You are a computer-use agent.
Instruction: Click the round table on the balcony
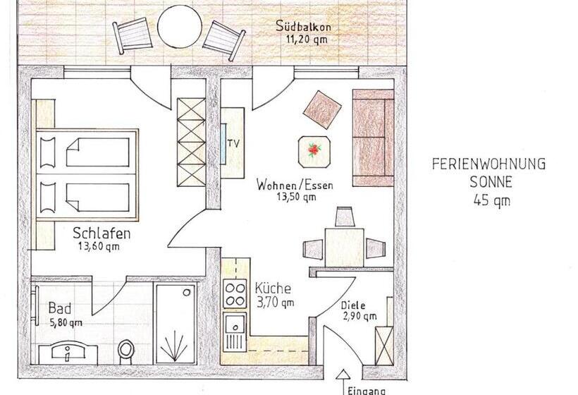click(x=180, y=26)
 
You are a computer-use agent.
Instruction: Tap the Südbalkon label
click(x=303, y=27)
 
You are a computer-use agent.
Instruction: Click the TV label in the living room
click(x=233, y=142)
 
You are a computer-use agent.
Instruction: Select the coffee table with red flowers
click(x=314, y=152)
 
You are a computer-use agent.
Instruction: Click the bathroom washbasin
click(x=68, y=352)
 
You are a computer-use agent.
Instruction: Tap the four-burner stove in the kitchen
click(x=235, y=294)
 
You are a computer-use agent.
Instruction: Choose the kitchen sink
click(x=234, y=326)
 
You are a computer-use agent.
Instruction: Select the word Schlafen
click(x=102, y=233)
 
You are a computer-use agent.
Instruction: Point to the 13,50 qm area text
click(x=296, y=197)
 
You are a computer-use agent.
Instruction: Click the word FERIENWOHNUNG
click(x=488, y=164)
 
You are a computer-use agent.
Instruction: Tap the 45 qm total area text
click(x=492, y=200)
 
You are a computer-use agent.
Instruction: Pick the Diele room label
click(x=352, y=305)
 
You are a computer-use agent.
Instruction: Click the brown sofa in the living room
click(x=373, y=138)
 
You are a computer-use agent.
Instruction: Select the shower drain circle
click(x=187, y=293)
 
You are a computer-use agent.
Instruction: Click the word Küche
click(x=273, y=288)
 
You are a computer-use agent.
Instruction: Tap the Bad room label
click(x=60, y=308)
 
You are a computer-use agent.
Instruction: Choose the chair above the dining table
click(x=344, y=217)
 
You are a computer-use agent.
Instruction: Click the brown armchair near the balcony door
click(x=322, y=109)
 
